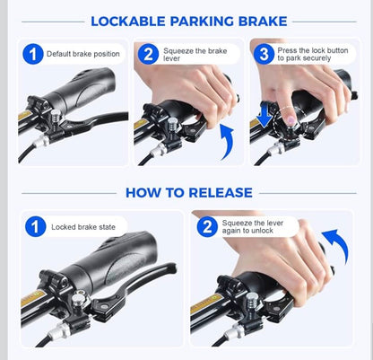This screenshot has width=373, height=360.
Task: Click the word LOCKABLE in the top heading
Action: point(128,22)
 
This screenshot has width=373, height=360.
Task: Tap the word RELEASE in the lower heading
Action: point(221,192)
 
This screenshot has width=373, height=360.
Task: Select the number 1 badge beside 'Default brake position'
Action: point(33,54)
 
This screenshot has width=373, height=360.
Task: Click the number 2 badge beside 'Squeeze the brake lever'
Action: point(148,54)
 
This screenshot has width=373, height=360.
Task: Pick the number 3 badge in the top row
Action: point(264,54)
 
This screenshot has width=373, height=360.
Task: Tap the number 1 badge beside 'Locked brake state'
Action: point(36,226)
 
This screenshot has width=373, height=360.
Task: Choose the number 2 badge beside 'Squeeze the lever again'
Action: point(207,226)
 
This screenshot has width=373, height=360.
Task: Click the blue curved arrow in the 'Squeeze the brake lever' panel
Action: point(228,142)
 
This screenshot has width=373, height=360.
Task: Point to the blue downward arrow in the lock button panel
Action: point(265,115)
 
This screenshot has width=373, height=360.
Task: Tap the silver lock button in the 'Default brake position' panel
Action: point(56,116)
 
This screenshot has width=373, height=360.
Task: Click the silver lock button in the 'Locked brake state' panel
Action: point(78,299)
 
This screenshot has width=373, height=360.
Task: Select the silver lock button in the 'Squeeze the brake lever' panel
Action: point(172,123)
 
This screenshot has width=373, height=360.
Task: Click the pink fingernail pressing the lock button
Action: point(290,120)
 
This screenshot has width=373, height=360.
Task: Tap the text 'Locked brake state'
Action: point(83,227)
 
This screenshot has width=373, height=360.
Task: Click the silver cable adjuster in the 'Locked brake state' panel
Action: point(58,331)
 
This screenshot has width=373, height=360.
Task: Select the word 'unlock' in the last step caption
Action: point(263,231)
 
